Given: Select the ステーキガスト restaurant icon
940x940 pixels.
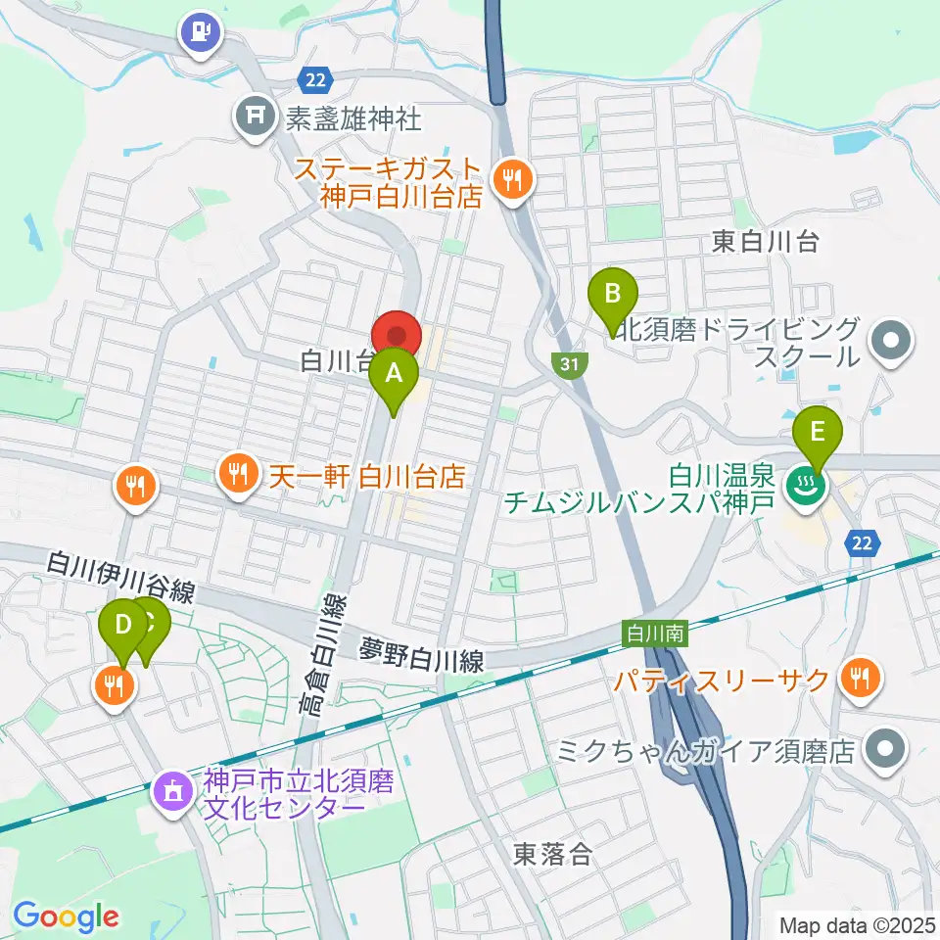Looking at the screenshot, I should tap(511, 178).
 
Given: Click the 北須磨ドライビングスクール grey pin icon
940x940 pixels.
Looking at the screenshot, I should tap(891, 343).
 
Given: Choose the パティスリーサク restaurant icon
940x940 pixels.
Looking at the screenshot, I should tap(862, 678).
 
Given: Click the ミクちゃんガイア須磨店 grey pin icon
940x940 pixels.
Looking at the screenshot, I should tap(886, 751).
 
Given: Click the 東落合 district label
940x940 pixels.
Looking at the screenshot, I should tap(553, 854).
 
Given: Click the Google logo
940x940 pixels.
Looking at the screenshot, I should tap(66, 916).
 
